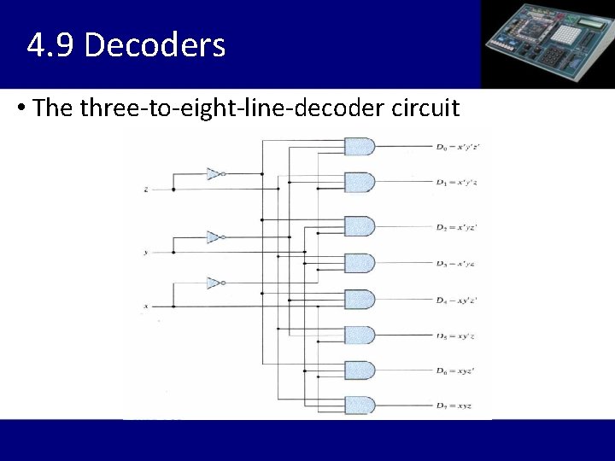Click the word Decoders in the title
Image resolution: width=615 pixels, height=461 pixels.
click(155, 44)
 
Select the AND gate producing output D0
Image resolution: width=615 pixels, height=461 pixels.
click(359, 147)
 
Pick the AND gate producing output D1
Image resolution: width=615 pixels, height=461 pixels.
click(359, 183)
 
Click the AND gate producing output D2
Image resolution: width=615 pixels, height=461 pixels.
click(359, 227)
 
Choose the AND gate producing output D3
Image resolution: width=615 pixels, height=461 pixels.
click(359, 263)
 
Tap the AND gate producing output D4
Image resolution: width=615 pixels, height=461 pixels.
click(359, 300)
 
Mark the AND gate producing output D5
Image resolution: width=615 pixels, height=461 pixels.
click(359, 336)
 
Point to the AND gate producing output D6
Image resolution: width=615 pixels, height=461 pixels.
click(359, 371)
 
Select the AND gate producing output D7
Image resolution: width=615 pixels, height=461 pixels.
click(359, 406)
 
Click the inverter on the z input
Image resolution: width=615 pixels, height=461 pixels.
click(214, 174)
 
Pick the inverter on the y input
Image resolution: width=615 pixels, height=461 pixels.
click(214, 237)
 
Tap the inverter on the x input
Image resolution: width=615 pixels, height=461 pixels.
click(214, 283)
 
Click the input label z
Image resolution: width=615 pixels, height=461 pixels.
click(146, 190)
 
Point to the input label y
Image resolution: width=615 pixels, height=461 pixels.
click(146, 253)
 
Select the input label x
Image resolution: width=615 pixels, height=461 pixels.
click(146, 306)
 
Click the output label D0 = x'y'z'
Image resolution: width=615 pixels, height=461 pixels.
click(458, 147)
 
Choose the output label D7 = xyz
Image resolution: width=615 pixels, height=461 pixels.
click(454, 406)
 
